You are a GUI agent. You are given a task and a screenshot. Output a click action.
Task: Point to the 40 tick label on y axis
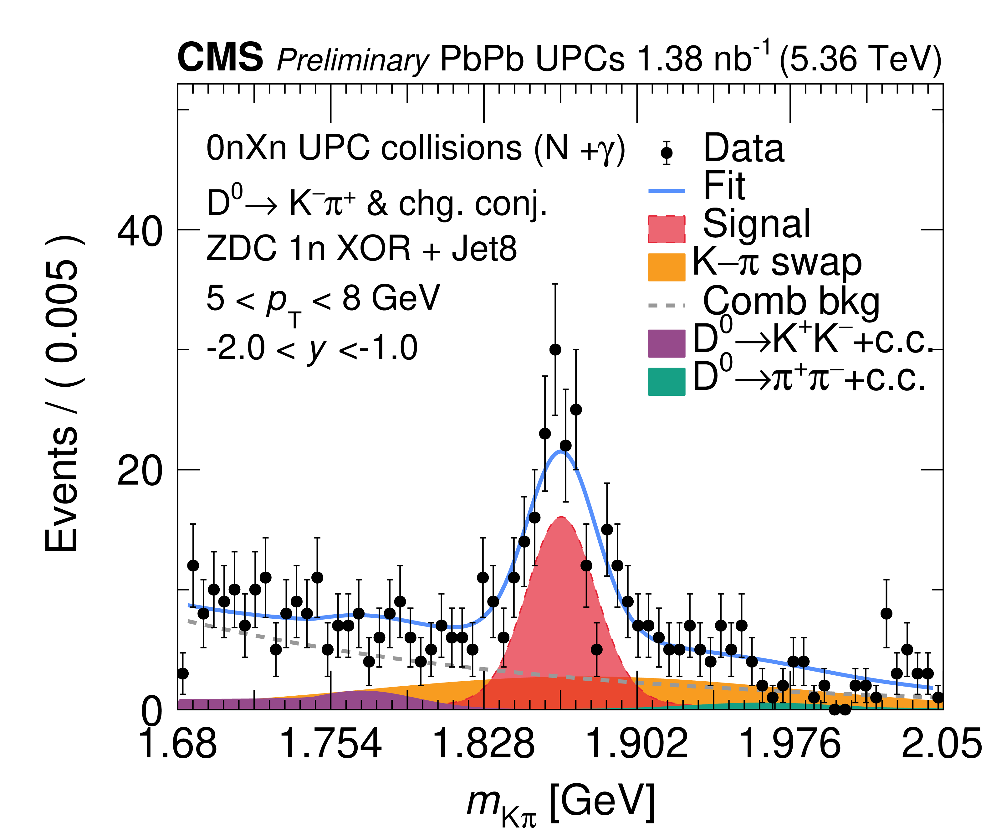(x=139, y=232)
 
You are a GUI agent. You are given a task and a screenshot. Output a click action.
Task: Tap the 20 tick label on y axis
(x=139, y=472)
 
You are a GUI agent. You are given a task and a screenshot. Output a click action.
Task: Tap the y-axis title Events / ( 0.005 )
(x=62, y=393)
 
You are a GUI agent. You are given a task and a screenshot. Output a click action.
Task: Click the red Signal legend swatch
(x=666, y=229)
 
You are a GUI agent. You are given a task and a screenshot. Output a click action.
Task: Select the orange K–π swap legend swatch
(x=666, y=267)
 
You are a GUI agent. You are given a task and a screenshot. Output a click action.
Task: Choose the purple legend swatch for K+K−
(x=666, y=343)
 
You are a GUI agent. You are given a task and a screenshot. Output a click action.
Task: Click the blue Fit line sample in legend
(x=666, y=191)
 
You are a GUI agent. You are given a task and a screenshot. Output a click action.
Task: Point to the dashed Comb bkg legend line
(x=666, y=305)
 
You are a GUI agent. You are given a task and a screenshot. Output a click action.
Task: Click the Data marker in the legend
(x=667, y=153)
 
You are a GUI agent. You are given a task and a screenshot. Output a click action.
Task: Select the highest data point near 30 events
(x=555, y=350)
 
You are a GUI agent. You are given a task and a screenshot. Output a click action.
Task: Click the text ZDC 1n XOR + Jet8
(x=361, y=249)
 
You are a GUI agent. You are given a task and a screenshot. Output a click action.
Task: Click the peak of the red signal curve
(x=561, y=518)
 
